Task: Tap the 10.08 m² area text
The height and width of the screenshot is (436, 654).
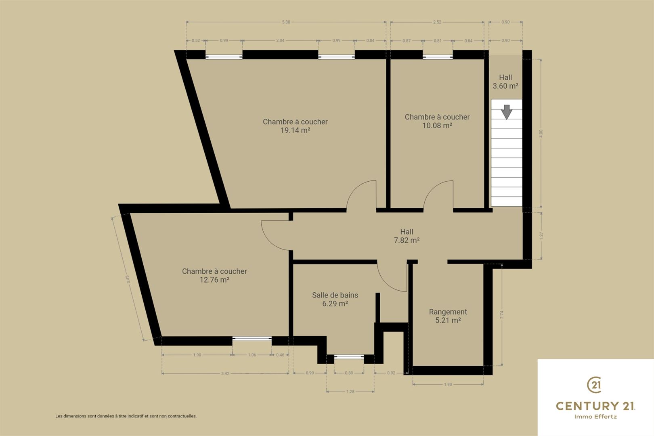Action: coord(437,126)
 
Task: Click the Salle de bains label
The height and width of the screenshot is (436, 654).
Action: coord(335,295)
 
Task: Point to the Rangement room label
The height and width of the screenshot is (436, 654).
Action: coord(448,312)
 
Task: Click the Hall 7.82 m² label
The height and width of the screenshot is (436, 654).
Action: coord(407,236)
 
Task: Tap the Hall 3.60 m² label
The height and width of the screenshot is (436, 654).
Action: coord(505,82)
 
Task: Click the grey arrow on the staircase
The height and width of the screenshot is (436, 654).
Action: coord(507,112)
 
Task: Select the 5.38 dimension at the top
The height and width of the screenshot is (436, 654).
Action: coord(286,22)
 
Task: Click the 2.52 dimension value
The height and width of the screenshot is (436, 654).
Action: coord(437,22)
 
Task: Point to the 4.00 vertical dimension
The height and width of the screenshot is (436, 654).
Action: coord(541,134)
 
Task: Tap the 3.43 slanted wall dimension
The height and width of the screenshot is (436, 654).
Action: coord(128,279)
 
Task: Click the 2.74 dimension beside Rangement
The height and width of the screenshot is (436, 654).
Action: coord(501,314)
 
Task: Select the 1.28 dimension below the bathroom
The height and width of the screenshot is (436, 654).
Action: coord(350,392)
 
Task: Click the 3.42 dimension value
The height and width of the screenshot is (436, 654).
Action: coord(225,373)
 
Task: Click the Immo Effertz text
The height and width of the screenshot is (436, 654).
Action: coord(595,417)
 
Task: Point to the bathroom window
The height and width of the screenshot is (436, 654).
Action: coord(349,356)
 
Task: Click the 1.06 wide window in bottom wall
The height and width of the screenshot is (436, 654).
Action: coord(252,339)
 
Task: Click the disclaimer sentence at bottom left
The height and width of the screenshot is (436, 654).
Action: coord(126,416)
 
